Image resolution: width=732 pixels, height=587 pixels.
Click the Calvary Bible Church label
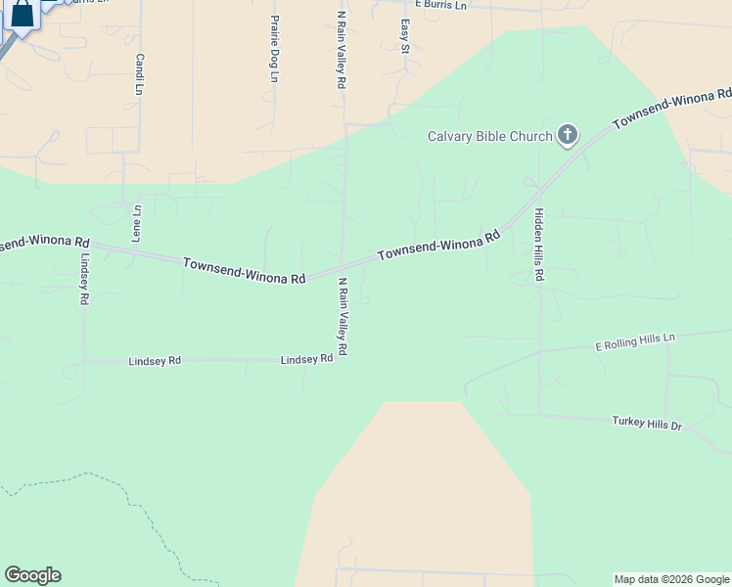tap(490, 136)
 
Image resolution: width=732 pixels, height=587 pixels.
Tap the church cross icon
tap(568, 135)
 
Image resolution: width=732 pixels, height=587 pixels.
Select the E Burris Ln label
tap(441, 5)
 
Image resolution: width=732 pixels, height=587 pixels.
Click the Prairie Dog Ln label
tap(274, 49)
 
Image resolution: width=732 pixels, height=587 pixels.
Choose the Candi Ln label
tap(140, 74)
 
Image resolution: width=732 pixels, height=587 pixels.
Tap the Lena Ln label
tap(137, 223)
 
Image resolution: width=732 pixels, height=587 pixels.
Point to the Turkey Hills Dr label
tap(646, 423)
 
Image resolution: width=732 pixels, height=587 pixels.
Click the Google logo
tap(32, 575)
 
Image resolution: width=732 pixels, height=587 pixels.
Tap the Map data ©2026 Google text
tap(671, 579)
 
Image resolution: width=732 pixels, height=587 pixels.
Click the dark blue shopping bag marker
tap(22, 15)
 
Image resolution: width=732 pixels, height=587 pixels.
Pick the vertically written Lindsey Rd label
tap(85, 282)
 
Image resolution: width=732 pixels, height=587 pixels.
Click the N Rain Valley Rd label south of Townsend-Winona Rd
tap(343, 316)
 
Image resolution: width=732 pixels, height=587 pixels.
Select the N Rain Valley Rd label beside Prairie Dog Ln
tap(342, 51)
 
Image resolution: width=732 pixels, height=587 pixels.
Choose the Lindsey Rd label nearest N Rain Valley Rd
tap(306, 360)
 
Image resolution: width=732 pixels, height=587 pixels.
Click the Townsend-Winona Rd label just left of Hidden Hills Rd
tap(439, 245)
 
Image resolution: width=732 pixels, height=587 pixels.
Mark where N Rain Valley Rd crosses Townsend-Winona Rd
tap(342, 266)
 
